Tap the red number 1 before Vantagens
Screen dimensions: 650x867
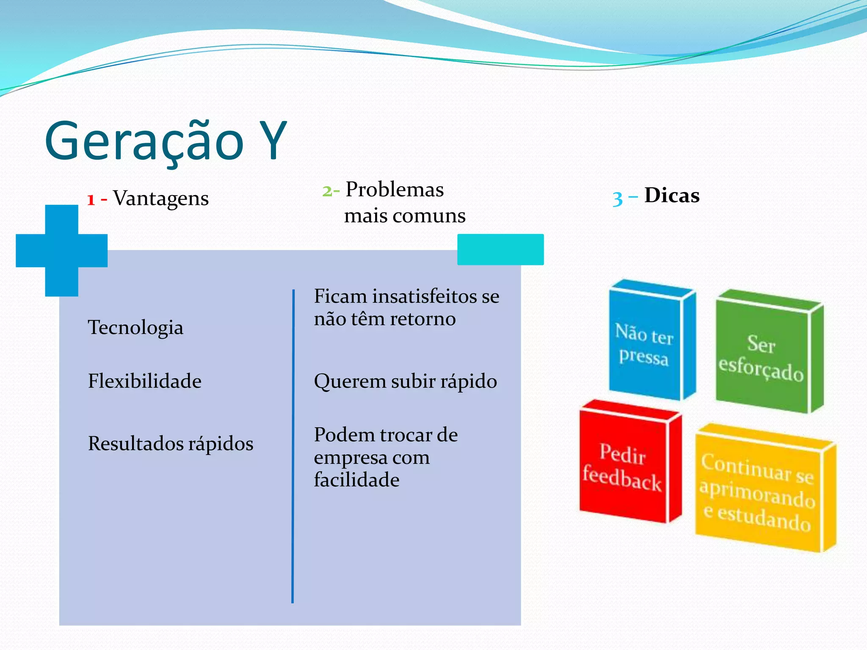pos(91,199)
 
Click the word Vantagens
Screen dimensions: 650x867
pos(161,198)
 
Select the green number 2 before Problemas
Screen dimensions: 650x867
pos(327,191)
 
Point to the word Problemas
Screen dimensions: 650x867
pos(395,189)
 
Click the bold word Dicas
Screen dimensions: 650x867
pos(672,196)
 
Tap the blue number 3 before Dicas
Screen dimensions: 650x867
pos(617,198)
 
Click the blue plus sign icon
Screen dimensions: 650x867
pos(62,251)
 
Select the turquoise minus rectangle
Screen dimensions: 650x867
pos(500,249)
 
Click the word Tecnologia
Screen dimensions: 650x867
pos(135,327)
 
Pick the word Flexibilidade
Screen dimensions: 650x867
pos(145,381)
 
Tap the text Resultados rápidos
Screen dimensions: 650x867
pos(171,443)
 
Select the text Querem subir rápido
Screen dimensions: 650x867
pos(405,381)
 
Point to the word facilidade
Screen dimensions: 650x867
pos(356,480)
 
